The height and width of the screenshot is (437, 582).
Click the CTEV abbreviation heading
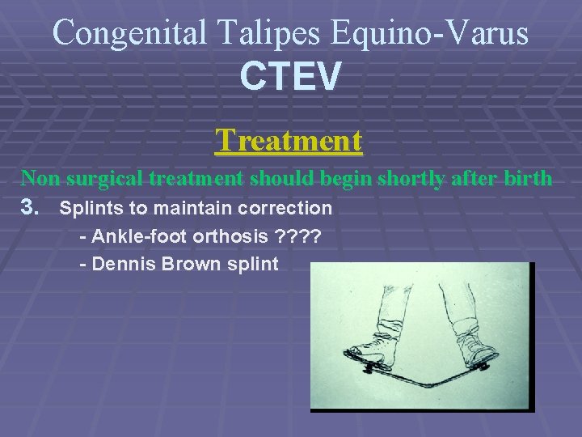290,77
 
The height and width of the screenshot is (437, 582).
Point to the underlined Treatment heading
289,141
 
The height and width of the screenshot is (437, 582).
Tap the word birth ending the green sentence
525,178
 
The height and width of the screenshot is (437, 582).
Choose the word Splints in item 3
90,208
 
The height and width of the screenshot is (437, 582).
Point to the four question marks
297,236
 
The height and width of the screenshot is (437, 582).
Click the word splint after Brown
254,265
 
